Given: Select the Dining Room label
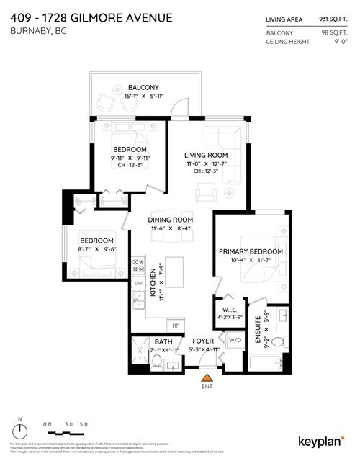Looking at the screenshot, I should click(171, 219).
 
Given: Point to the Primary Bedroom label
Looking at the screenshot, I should click(251, 251).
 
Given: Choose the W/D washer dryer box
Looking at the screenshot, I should click(234, 340).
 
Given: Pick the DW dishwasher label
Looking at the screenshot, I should click(138, 283).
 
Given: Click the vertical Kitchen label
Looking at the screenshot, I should click(153, 283).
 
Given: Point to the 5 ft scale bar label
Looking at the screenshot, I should click(84, 424).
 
